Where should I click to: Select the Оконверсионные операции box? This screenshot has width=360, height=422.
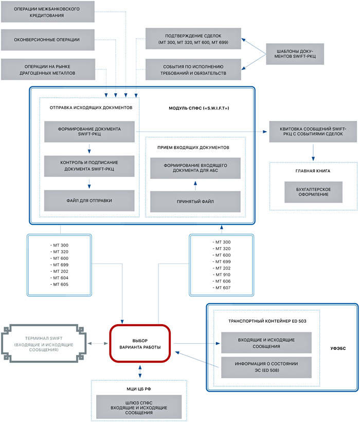click(48, 40)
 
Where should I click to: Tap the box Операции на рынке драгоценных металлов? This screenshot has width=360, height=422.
click(48, 69)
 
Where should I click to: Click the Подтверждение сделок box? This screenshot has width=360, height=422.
click(193, 39)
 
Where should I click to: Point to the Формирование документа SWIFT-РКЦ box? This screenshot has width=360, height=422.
click(89, 131)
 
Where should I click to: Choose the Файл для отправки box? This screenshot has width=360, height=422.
click(89, 200)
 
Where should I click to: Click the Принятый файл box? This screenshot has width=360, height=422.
click(195, 201)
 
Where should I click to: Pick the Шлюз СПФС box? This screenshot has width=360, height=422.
click(139, 406)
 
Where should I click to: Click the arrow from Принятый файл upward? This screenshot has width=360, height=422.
click(195, 184)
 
